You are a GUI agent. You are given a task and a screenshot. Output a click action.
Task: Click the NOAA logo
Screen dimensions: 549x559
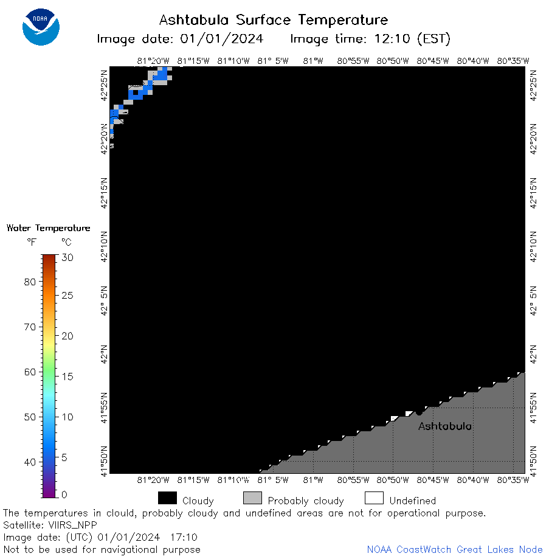41,27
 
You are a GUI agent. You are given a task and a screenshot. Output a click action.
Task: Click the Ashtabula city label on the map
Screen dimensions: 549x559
444,426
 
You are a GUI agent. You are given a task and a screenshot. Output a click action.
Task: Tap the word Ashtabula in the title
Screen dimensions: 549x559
193,20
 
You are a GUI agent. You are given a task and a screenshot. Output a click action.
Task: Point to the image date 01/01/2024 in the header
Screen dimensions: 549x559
221,38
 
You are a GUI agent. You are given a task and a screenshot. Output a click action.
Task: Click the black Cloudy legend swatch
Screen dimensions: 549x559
167,498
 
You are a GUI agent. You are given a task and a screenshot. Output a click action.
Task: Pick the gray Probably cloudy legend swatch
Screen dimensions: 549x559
252,498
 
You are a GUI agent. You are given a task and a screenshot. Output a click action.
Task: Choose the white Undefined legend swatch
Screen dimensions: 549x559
374,498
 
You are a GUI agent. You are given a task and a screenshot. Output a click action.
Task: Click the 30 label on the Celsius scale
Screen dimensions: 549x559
67,257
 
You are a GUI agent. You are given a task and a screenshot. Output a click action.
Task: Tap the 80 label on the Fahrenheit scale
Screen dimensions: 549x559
30,282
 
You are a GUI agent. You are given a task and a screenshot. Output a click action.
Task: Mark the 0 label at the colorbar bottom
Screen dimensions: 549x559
64,495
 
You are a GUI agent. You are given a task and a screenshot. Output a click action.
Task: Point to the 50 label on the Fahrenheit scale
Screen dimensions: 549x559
30,417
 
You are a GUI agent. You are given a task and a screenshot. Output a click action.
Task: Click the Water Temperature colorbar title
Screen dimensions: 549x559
49,228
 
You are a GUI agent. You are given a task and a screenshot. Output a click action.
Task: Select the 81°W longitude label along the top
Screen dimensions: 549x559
313,61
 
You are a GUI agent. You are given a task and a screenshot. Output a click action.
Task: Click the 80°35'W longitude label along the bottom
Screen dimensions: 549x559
513,480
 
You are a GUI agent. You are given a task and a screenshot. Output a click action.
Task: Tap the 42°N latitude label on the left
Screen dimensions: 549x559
104,355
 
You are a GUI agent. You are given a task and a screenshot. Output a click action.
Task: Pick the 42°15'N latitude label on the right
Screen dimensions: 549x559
533,193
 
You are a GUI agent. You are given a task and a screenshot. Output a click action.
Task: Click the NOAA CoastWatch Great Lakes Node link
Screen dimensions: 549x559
455,549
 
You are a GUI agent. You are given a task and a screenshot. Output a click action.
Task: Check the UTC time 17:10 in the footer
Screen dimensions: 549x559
184,537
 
